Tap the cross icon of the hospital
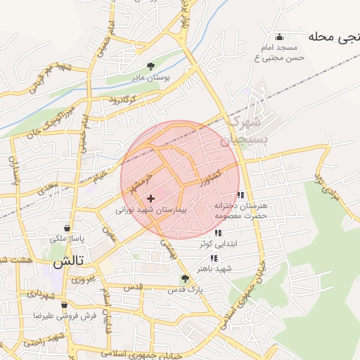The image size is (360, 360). click(150, 199)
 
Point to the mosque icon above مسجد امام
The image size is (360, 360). click(280, 37)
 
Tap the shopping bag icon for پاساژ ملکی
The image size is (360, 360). click(67, 228)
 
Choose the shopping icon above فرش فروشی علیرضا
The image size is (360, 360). click(65, 306)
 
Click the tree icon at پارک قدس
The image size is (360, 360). click(186, 278)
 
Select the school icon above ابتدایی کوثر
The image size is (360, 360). click(218, 233)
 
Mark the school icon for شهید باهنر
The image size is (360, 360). click(214, 258)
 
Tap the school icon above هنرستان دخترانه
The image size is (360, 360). click(241, 195)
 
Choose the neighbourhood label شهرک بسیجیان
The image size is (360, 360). click(240, 131)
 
